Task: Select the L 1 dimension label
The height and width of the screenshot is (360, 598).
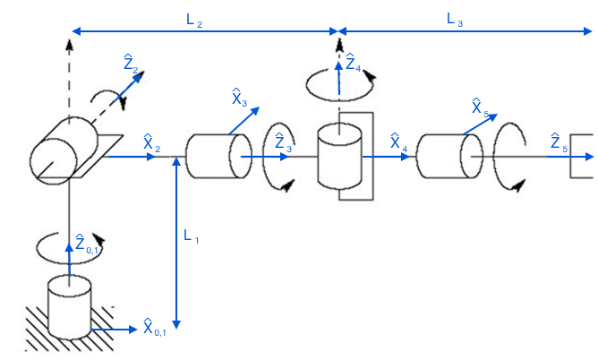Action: (192, 236)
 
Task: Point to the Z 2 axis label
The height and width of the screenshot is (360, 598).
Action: (131, 64)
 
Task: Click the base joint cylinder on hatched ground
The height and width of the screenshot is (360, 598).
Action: (69, 306)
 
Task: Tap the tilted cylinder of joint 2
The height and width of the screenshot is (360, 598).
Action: (62, 147)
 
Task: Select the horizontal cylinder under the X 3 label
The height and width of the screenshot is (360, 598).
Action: (213, 158)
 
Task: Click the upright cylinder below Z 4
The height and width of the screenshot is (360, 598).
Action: (339, 156)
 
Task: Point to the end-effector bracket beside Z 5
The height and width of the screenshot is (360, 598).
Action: (583, 158)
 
